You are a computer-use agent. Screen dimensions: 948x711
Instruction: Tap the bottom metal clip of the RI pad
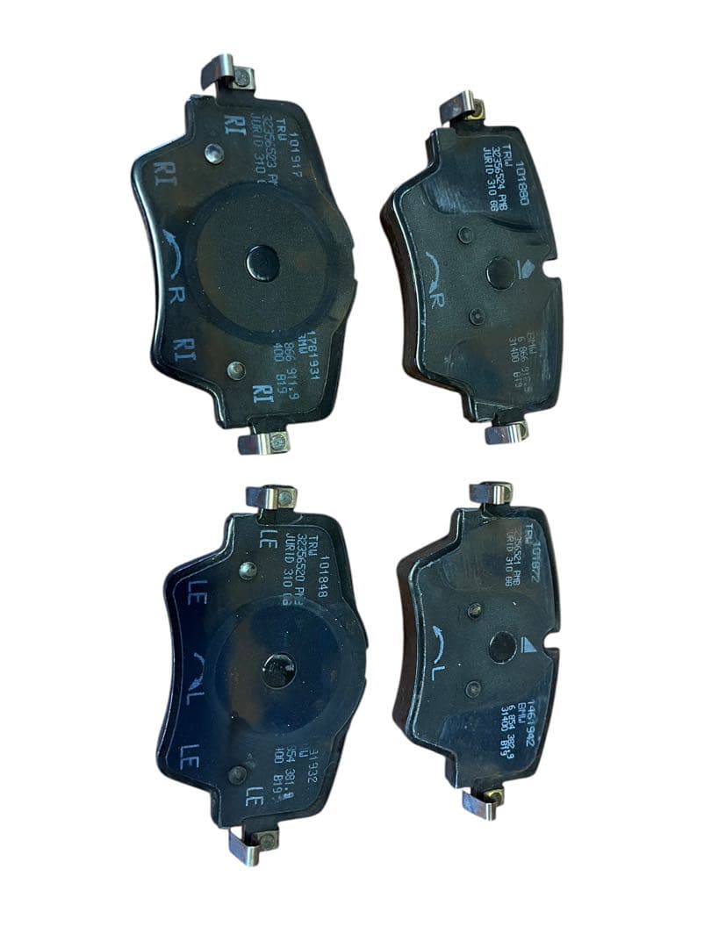pos(263,439)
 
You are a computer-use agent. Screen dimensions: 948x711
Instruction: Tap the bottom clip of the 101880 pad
pos(506,431)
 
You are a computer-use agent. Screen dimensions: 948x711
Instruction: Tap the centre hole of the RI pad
pos(262,262)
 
